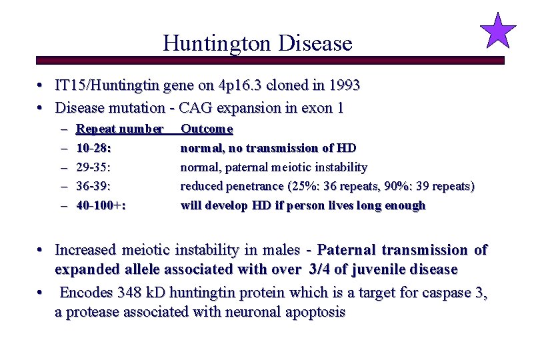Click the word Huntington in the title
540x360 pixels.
[x=214, y=43]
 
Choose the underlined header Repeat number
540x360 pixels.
[x=120, y=128]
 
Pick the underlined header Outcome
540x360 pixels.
[x=207, y=128]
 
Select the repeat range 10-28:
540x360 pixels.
[x=94, y=147]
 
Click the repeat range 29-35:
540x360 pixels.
[x=94, y=167]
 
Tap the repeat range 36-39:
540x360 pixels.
[x=94, y=186]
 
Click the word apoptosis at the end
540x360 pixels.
[x=314, y=312]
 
